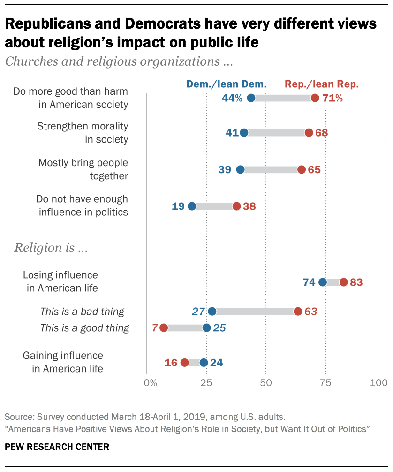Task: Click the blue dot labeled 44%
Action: point(251,98)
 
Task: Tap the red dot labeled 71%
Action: point(315,98)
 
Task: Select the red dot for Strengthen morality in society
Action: point(309,133)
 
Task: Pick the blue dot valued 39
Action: point(240,169)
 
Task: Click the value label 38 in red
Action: point(249,206)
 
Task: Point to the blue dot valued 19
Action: point(192,206)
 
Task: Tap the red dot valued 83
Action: point(343,282)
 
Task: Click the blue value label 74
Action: point(309,282)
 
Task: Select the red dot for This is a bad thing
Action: point(298,311)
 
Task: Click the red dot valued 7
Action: point(163,327)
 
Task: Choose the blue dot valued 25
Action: point(206,327)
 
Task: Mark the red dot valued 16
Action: point(184,362)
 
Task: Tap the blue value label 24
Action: point(216,362)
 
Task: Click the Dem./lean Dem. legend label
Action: point(227,84)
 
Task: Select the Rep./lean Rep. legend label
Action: point(322,84)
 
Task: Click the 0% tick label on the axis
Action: point(151,383)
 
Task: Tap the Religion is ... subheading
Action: point(51,248)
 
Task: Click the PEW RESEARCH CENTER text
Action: point(57,447)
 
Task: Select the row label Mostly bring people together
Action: point(83,169)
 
